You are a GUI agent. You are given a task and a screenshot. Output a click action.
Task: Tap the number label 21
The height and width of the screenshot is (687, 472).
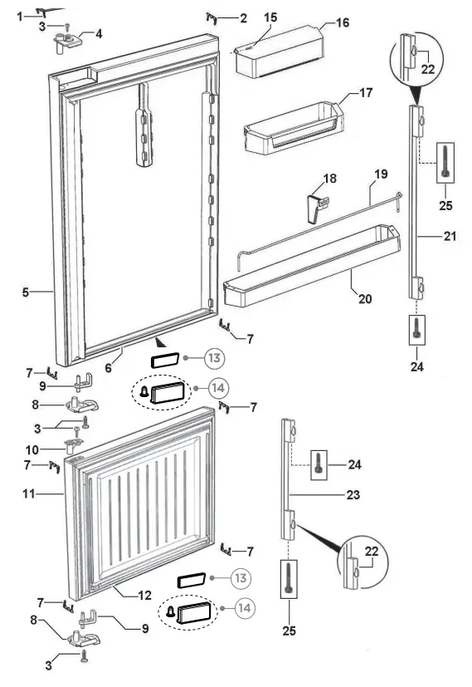pos(450,237)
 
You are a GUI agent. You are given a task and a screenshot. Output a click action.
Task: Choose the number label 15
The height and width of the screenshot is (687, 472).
pos(270,17)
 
